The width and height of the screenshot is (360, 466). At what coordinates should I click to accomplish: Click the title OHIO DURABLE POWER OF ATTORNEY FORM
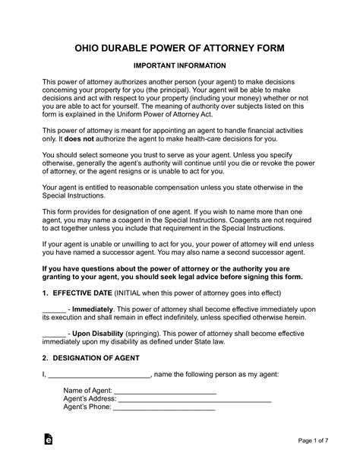(180, 48)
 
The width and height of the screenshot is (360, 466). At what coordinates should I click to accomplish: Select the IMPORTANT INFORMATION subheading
(180, 66)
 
